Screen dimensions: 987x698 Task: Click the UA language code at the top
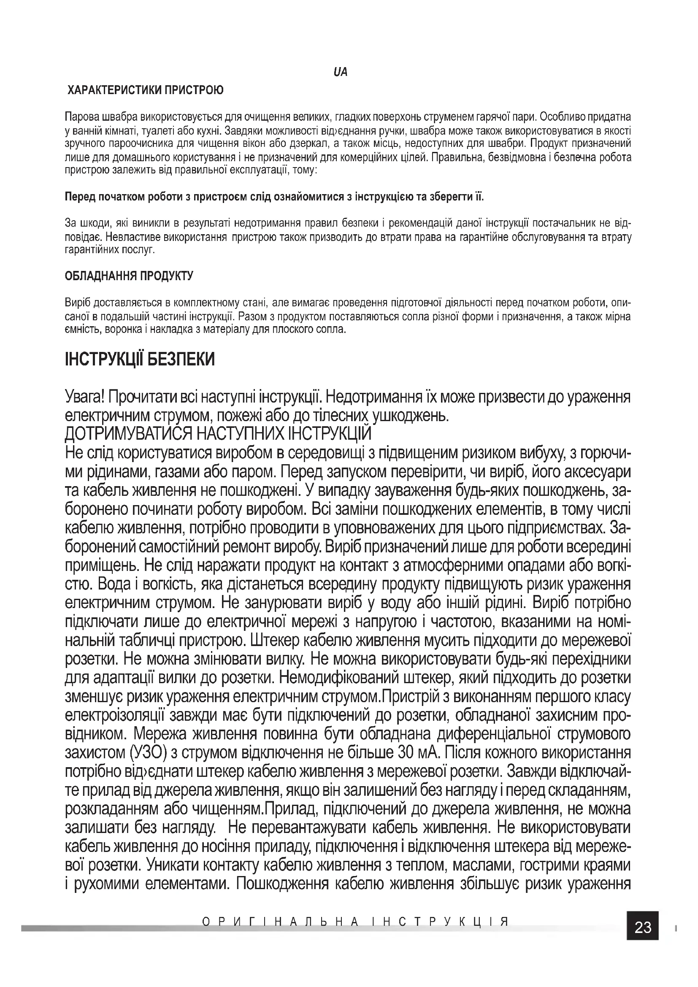pyautogui.click(x=340, y=72)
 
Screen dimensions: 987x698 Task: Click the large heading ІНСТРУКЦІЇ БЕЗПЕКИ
pyautogui.click(x=140, y=359)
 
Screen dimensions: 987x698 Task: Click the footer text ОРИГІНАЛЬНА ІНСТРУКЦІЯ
pyautogui.click(x=355, y=922)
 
